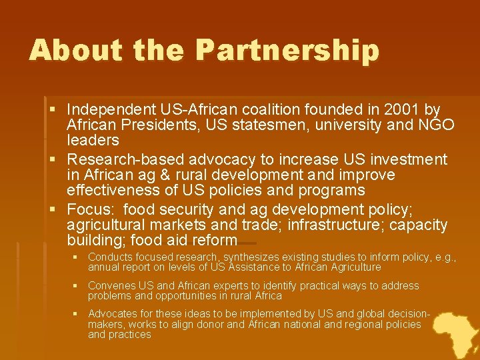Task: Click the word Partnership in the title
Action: [x=288, y=51]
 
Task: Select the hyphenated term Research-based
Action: [x=126, y=160]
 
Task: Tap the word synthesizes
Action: [x=253, y=257]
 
